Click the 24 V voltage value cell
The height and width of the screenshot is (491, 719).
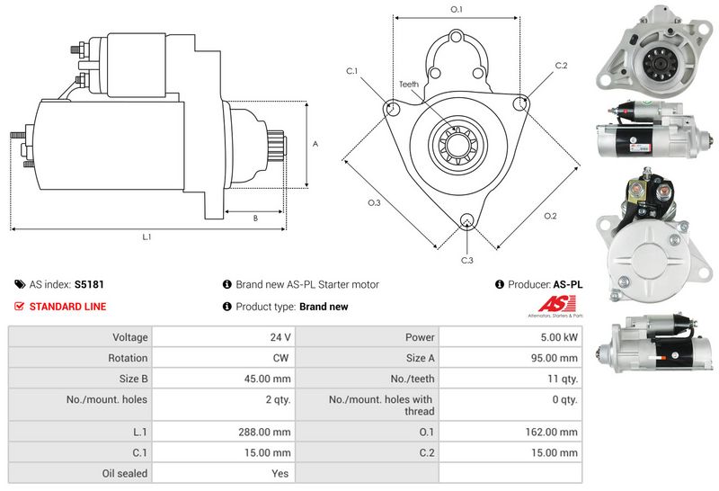click(280, 337)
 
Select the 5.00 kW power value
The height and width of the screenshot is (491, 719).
click(559, 337)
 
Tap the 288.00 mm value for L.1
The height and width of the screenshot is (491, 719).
click(264, 432)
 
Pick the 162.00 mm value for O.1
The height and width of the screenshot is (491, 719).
click(552, 432)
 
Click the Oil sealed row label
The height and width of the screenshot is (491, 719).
click(125, 473)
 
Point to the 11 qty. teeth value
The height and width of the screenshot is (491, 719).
click(563, 379)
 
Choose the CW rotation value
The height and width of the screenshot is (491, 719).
click(280, 358)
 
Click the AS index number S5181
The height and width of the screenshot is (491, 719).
click(89, 284)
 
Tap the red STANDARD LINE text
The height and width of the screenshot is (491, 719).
click(68, 307)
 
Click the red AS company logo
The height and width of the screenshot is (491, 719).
click(556, 305)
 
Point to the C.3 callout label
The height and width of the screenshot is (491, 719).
click(466, 260)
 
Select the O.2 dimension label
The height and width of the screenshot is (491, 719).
click(550, 216)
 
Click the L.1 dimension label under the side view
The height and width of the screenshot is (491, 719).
click(146, 237)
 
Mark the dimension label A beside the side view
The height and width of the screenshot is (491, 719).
click(315, 144)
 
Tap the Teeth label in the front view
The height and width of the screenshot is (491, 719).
click(409, 84)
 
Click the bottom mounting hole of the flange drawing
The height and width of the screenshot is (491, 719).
click(467, 220)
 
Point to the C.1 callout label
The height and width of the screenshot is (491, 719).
click(351, 71)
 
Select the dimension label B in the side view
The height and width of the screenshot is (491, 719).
click(255, 219)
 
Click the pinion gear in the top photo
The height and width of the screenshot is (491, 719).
click(660, 63)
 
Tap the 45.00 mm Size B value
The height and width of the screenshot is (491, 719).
click(267, 379)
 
